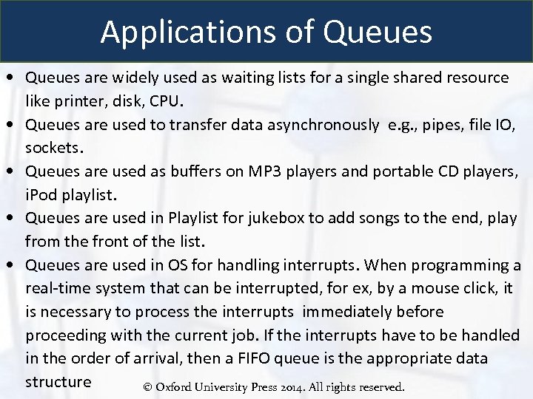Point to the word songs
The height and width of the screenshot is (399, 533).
[x=371, y=219]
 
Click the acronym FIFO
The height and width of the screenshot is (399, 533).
[x=301, y=359]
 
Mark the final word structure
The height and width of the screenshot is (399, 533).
[x=58, y=382]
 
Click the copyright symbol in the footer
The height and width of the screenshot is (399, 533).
[x=148, y=387]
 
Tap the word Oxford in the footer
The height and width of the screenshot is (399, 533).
[x=175, y=387]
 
